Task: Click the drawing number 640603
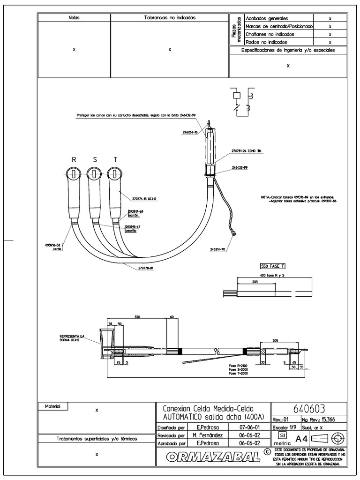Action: [x=309, y=408]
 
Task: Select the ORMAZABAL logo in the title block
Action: [x=214, y=456]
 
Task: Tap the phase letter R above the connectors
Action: [x=74, y=160]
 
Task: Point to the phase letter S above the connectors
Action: [x=95, y=160]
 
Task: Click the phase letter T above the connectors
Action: [x=115, y=160]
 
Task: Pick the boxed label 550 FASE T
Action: [x=272, y=266]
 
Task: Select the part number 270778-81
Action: [x=146, y=268]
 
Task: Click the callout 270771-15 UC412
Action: [x=145, y=199]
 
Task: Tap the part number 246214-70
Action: [x=217, y=249]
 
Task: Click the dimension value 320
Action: [x=137, y=317]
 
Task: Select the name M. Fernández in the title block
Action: [x=207, y=435]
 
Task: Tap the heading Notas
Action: [x=74, y=17]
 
